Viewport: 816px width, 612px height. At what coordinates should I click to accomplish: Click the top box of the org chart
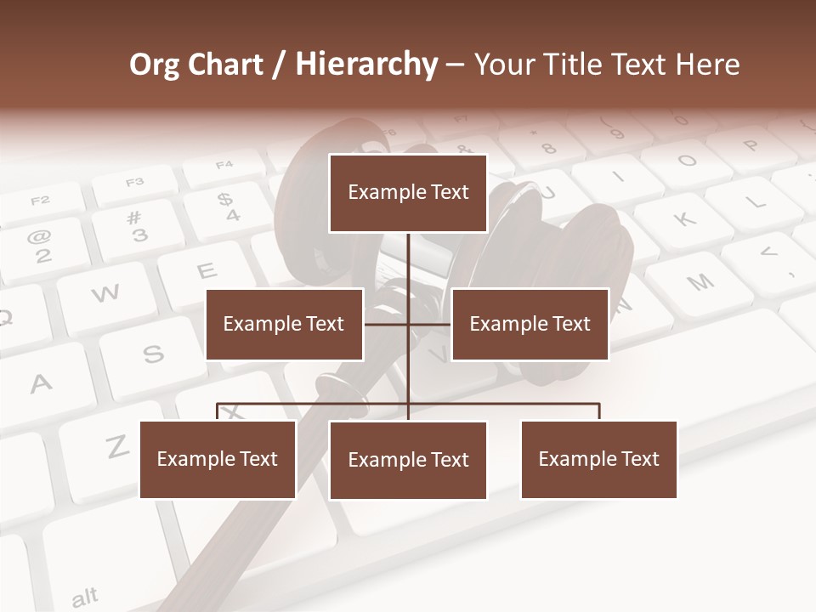[408, 193]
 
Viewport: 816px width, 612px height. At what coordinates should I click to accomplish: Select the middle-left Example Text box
[284, 324]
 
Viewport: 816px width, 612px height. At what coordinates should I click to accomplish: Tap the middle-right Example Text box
[530, 324]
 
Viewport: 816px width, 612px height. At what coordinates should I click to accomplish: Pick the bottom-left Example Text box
[218, 459]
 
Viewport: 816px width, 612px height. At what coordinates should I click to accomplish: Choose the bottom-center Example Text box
[408, 460]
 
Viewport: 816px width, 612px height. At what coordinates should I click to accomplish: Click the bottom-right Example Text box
[598, 459]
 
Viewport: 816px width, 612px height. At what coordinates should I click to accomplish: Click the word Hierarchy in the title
[366, 65]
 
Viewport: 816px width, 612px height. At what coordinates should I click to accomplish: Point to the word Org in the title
[154, 65]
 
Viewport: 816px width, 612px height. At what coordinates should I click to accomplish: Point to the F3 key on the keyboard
[134, 183]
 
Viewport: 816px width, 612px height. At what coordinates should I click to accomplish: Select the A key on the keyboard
[41, 382]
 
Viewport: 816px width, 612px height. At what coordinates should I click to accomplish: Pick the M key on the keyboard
[700, 281]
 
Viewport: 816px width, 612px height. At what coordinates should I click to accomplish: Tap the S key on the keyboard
[153, 354]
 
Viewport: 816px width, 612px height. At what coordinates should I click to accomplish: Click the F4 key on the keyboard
[224, 164]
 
